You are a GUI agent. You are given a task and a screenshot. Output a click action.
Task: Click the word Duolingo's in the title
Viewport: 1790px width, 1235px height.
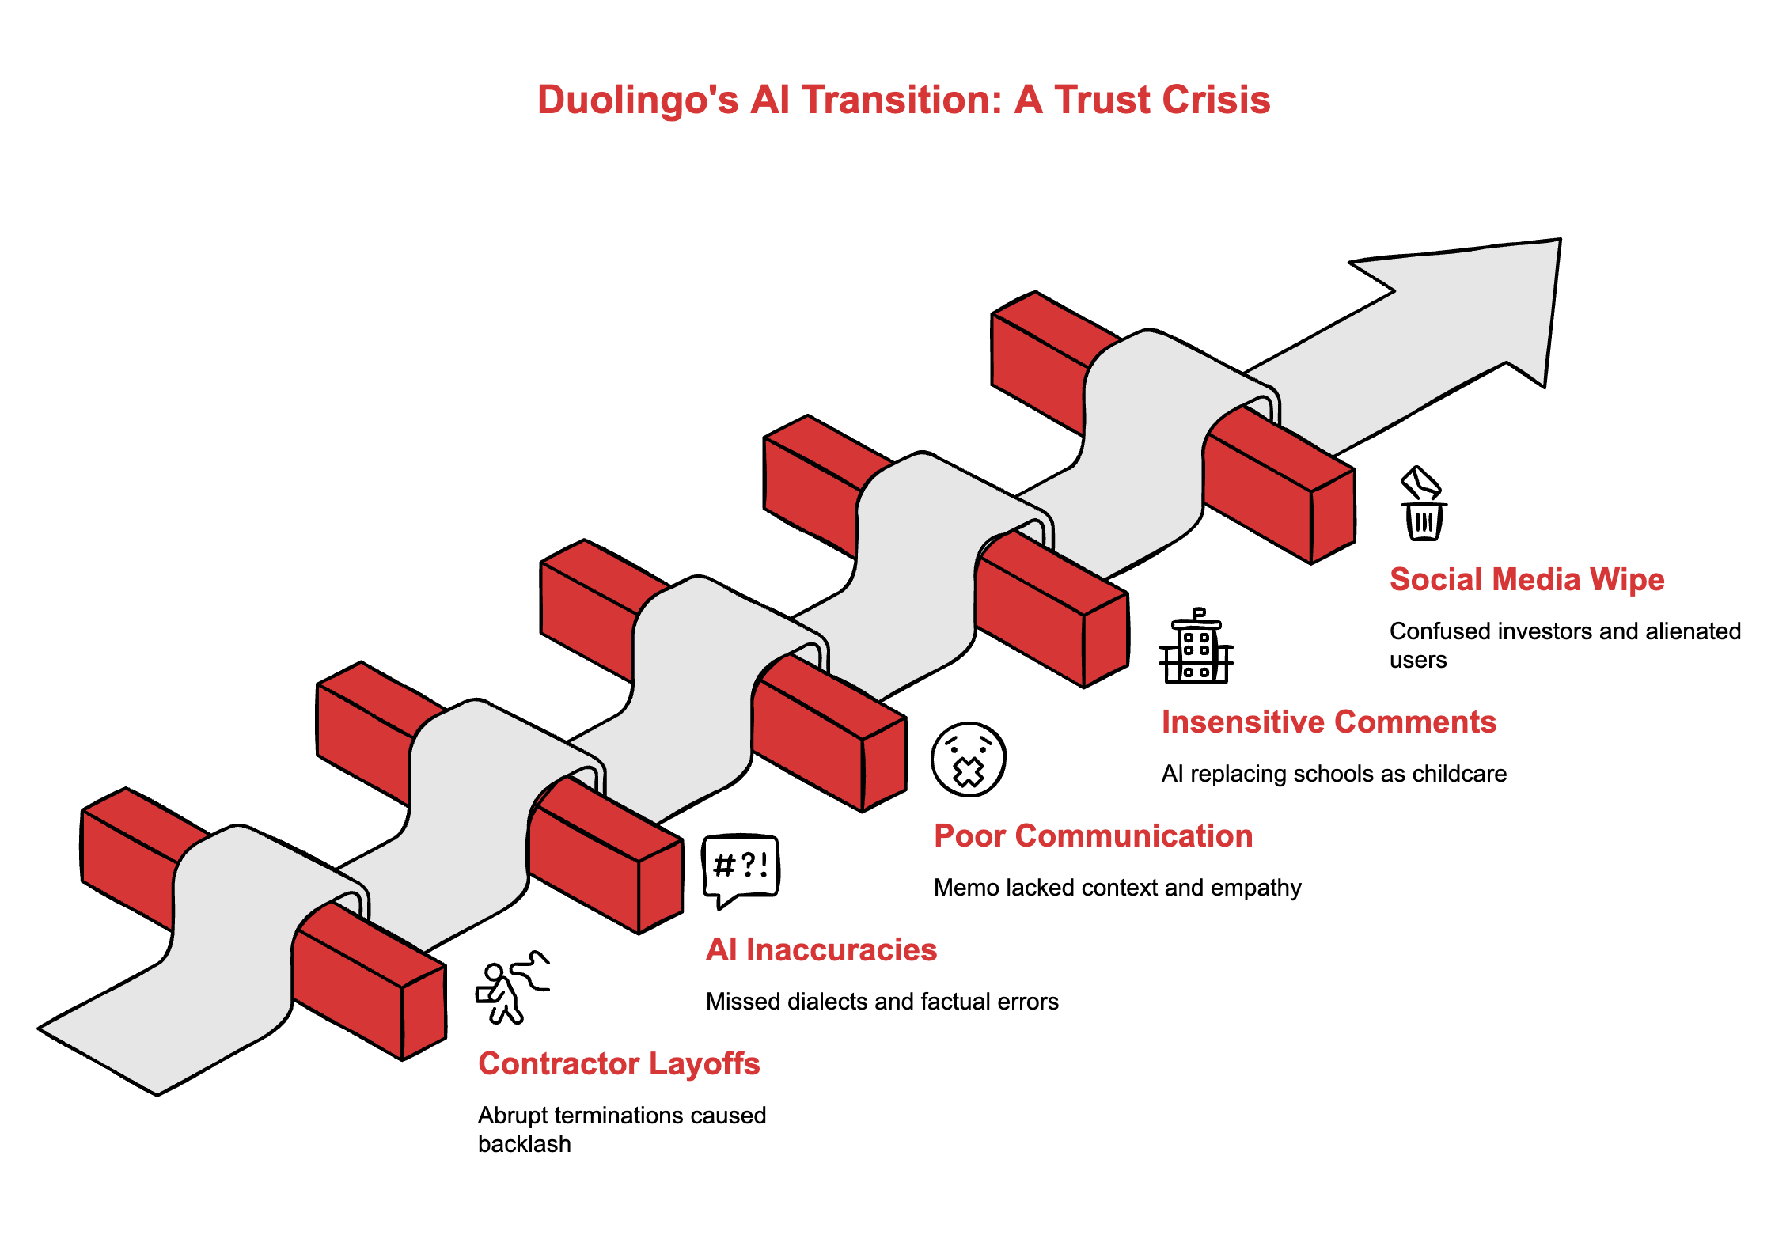638,100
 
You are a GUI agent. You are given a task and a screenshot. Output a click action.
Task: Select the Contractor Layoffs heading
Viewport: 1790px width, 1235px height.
619,1064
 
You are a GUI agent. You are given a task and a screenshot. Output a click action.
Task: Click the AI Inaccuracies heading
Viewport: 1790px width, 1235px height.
821,950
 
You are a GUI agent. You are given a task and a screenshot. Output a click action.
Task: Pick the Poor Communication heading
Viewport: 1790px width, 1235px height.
1093,836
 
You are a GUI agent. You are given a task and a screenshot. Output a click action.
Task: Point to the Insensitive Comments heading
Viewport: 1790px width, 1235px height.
1329,722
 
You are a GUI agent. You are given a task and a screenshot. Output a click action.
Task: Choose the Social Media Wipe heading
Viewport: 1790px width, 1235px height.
1526,580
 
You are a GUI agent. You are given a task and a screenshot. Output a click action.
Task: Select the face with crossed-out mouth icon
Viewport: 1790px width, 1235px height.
968,760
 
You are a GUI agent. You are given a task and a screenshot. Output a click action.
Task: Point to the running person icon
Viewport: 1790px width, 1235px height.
511,988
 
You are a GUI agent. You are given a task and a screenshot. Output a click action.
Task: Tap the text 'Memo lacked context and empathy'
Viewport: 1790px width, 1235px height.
1117,888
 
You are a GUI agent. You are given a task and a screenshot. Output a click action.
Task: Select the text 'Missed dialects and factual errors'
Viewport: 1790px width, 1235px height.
882,1002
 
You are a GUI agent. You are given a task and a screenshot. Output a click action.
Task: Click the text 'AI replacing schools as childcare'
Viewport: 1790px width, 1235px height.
1333,774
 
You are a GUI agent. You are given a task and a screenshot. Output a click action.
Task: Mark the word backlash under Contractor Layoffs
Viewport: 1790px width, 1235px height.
524,1144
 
